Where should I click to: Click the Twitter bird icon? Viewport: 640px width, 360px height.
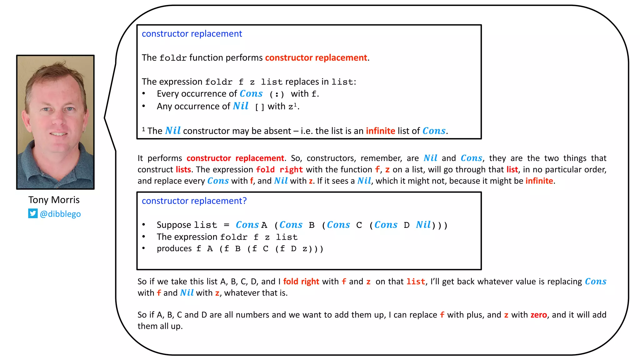(33, 213)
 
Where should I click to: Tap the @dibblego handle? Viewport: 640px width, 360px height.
(60, 214)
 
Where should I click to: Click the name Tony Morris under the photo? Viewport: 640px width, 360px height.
(54, 200)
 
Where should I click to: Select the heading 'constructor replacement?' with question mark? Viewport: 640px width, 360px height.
(194, 201)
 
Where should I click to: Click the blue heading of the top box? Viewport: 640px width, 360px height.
(192, 34)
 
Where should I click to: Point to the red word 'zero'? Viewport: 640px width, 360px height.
(539, 315)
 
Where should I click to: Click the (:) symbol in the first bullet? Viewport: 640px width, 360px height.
(277, 94)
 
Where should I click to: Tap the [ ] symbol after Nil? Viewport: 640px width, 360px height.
(259, 107)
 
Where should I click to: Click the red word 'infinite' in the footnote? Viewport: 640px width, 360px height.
(380, 131)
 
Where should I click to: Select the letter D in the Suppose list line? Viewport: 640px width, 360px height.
(407, 225)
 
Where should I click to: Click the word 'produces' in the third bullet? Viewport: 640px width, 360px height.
(174, 248)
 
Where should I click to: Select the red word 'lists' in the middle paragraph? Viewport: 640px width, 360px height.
(183, 169)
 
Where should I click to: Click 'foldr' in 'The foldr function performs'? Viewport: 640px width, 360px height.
(173, 58)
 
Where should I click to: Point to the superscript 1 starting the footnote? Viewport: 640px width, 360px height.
(143, 129)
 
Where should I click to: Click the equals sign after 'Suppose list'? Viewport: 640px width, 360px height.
(227, 225)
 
